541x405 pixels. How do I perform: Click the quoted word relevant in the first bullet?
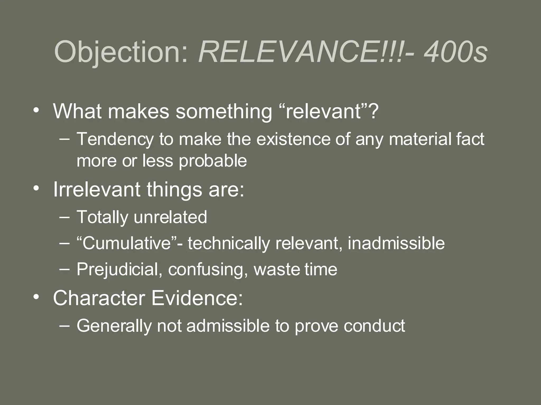(323, 111)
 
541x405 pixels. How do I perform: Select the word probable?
(213, 161)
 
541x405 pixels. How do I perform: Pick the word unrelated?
(170, 217)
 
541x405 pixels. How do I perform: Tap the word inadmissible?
(396, 243)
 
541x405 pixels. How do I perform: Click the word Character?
(99, 298)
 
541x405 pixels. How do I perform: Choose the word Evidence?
(197, 298)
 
